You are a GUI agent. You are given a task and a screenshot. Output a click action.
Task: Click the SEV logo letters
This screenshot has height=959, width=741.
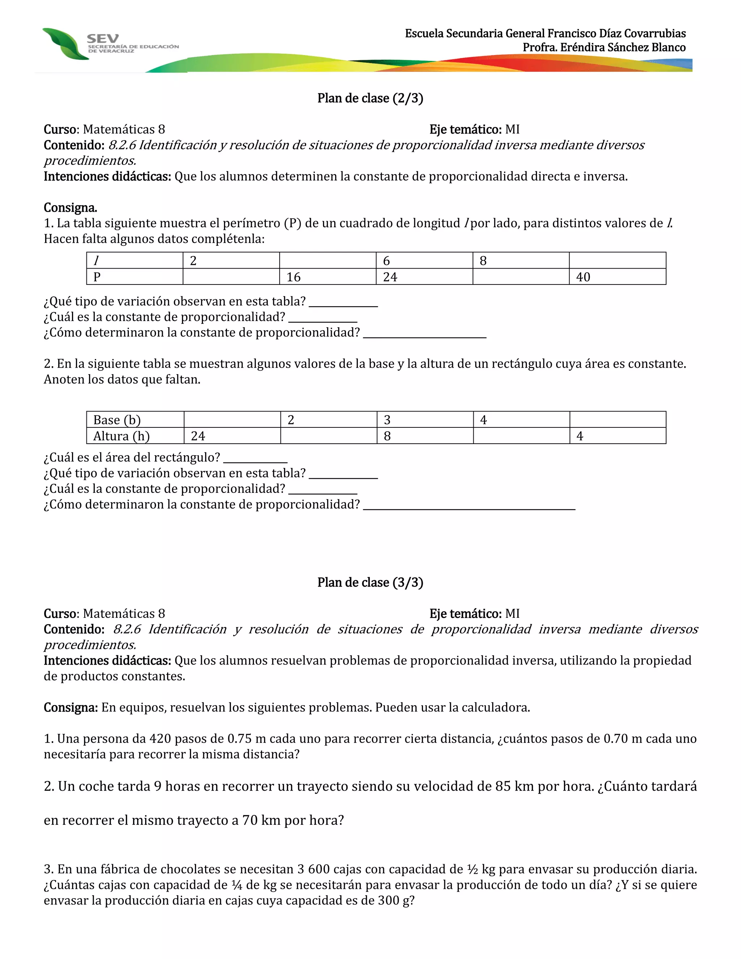click(x=103, y=39)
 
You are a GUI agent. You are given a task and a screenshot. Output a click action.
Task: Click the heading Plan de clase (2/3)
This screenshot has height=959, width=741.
click(x=370, y=98)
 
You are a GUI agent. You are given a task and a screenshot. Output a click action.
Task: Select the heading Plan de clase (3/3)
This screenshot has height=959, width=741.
click(x=370, y=583)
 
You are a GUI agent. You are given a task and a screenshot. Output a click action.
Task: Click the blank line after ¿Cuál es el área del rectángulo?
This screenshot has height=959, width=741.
click(x=255, y=459)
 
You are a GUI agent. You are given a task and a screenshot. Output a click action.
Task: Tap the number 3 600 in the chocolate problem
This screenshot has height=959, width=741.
click(x=313, y=869)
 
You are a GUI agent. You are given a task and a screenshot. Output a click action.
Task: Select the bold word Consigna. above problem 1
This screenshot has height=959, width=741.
click(x=70, y=208)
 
